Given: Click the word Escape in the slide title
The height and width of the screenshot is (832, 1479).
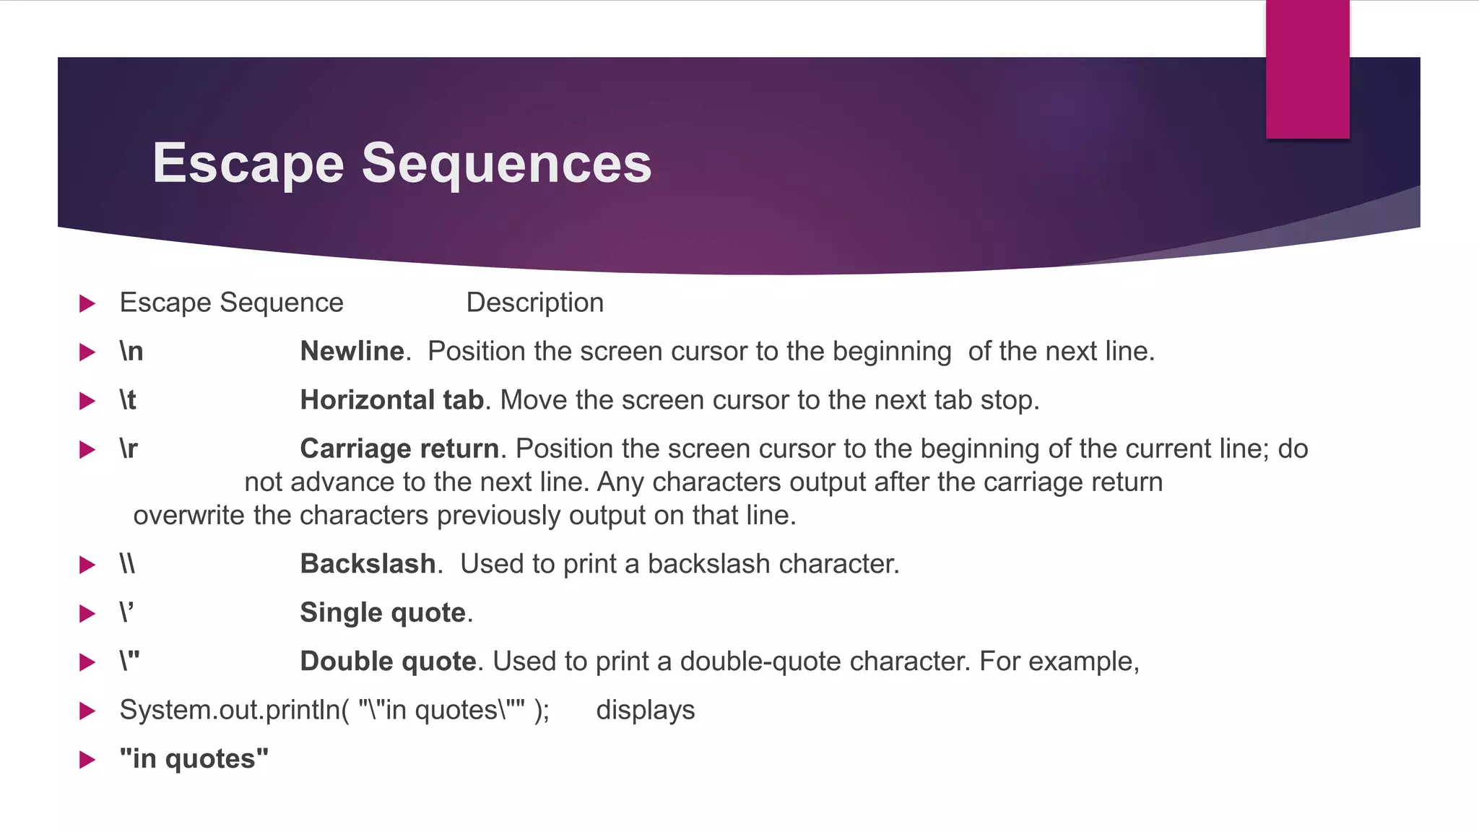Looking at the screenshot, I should click(248, 163).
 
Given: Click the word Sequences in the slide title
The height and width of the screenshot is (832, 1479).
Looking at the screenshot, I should click(506, 163).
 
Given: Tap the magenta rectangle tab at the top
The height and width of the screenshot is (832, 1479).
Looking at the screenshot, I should click(1307, 69).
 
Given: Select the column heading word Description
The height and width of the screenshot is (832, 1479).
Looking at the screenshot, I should click(534, 303).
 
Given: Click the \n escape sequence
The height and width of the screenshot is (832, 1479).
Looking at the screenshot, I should click(131, 352).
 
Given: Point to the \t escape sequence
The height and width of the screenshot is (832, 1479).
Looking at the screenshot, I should click(128, 400).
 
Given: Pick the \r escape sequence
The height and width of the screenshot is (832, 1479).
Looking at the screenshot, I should click(129, 449).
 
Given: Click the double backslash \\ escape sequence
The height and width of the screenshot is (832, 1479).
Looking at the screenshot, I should click(127, 564).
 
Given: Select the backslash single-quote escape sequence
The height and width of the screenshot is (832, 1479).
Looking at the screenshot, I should click(127, 612).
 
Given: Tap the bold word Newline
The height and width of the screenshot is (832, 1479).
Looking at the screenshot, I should click(352, 352).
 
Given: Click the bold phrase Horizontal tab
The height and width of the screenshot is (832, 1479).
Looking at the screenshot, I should click(391, 400).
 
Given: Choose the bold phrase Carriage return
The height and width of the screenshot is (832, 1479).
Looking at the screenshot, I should click(399, 449).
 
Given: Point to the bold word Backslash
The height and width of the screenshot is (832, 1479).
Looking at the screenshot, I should click(368, 564).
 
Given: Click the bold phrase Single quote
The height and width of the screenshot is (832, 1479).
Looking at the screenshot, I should click(383, 612).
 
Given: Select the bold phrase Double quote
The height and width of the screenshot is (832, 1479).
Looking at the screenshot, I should click(388, 662).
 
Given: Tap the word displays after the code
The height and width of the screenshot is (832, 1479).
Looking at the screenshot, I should click(645, 710).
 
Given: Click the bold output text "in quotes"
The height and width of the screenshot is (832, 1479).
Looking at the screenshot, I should click(194, 759).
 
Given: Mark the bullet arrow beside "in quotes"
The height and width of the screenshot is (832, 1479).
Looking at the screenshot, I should click(87, 760).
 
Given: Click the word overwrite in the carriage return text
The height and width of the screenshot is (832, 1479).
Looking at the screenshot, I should click(189, 516).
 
